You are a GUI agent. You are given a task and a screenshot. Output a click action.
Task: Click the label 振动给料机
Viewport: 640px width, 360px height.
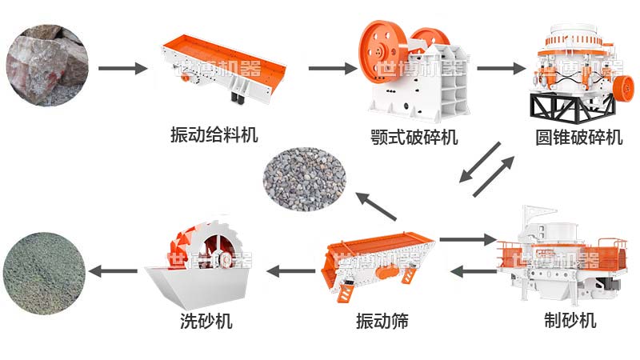[x=214, y=134]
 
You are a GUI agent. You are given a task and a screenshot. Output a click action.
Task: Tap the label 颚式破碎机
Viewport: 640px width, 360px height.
[x=415, y=137]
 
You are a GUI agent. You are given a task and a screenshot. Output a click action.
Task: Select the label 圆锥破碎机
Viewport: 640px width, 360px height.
[x=578, y=137]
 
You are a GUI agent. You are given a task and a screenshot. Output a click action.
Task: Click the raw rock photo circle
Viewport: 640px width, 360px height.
[x=46, y=64]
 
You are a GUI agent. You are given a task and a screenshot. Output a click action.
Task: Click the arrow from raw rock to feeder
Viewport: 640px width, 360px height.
[x=123, y=68]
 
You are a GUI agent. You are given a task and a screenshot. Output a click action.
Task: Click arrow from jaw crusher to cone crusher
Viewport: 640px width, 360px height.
[x=495, y=68]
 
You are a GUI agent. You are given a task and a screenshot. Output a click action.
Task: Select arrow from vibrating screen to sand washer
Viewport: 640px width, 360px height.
[x=290, y=271]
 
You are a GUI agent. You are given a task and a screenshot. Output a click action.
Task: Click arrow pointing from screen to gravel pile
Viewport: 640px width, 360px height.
[x=376, y=207]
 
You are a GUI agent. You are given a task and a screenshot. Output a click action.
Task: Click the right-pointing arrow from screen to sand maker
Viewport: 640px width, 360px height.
[x=468, y=238]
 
